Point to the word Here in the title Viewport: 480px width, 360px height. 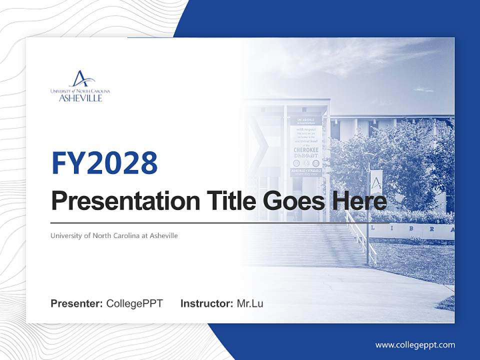click(x=363, y=201)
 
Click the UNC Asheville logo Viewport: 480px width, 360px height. click(x=80, y=86)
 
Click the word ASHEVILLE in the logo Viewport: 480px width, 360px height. click(x=80, y=98)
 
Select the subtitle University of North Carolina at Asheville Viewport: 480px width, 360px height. click(x=114, y=235)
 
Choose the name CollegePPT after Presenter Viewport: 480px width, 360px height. click(x=134, y=303)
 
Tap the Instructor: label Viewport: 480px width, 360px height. click(x=206, y=303)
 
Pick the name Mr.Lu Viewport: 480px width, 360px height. click(x=249, y=303)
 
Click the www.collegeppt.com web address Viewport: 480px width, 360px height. click(x=415, y=344)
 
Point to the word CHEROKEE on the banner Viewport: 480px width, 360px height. click(x=306, y=149)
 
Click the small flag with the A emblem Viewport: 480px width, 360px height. click(x=375, y=182)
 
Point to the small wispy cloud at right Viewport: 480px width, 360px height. click(x=423, y=90)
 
